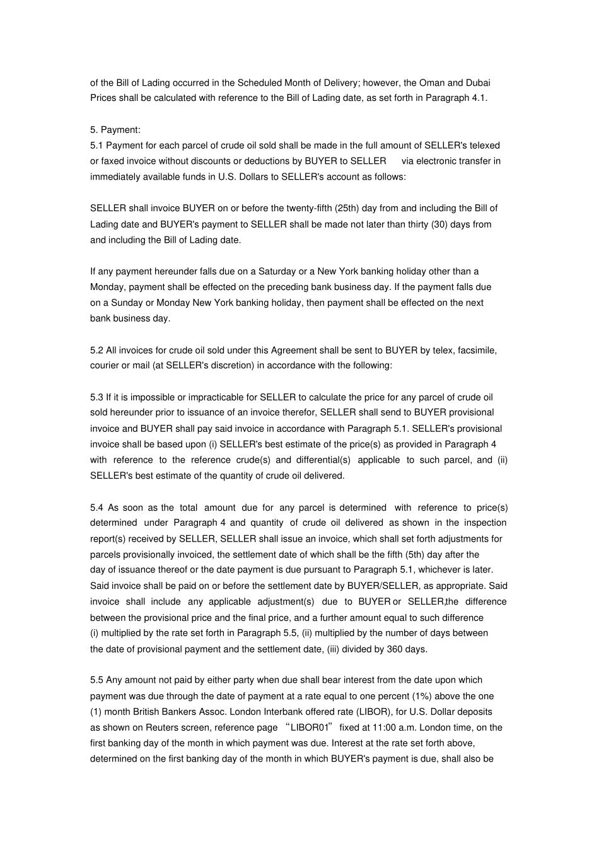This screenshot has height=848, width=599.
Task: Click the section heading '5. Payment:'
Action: pos(115,130)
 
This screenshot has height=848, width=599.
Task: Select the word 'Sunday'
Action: pos(125,303)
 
